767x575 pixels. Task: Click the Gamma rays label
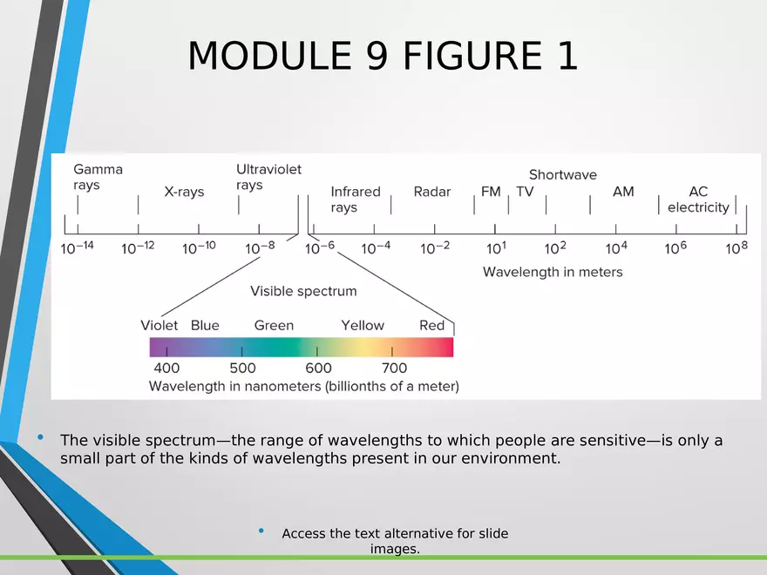(98, 177)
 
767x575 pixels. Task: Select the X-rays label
(184, 192)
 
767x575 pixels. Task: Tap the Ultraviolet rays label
(268, 177)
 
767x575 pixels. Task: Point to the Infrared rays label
(355, 199)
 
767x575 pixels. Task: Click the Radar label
(432, 191)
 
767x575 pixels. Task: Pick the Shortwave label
(562, 174)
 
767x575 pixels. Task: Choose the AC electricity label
(698, 199)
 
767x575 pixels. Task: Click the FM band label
(491, 191)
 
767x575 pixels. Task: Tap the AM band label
(623, 191)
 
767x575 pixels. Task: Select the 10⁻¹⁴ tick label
(78, 247)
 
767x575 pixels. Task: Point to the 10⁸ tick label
(736, 247)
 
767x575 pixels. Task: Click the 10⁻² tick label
(435, 247)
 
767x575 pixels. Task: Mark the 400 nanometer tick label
(166, 368)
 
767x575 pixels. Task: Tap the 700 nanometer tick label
(394, 368)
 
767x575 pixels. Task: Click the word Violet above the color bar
(159, 325)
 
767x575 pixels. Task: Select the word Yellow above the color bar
(363, 325)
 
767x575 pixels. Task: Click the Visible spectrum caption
(303, 291)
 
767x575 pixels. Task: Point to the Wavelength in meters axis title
(553, 272)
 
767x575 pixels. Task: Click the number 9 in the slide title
(377, 55)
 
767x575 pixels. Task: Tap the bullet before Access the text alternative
(261, 531)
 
